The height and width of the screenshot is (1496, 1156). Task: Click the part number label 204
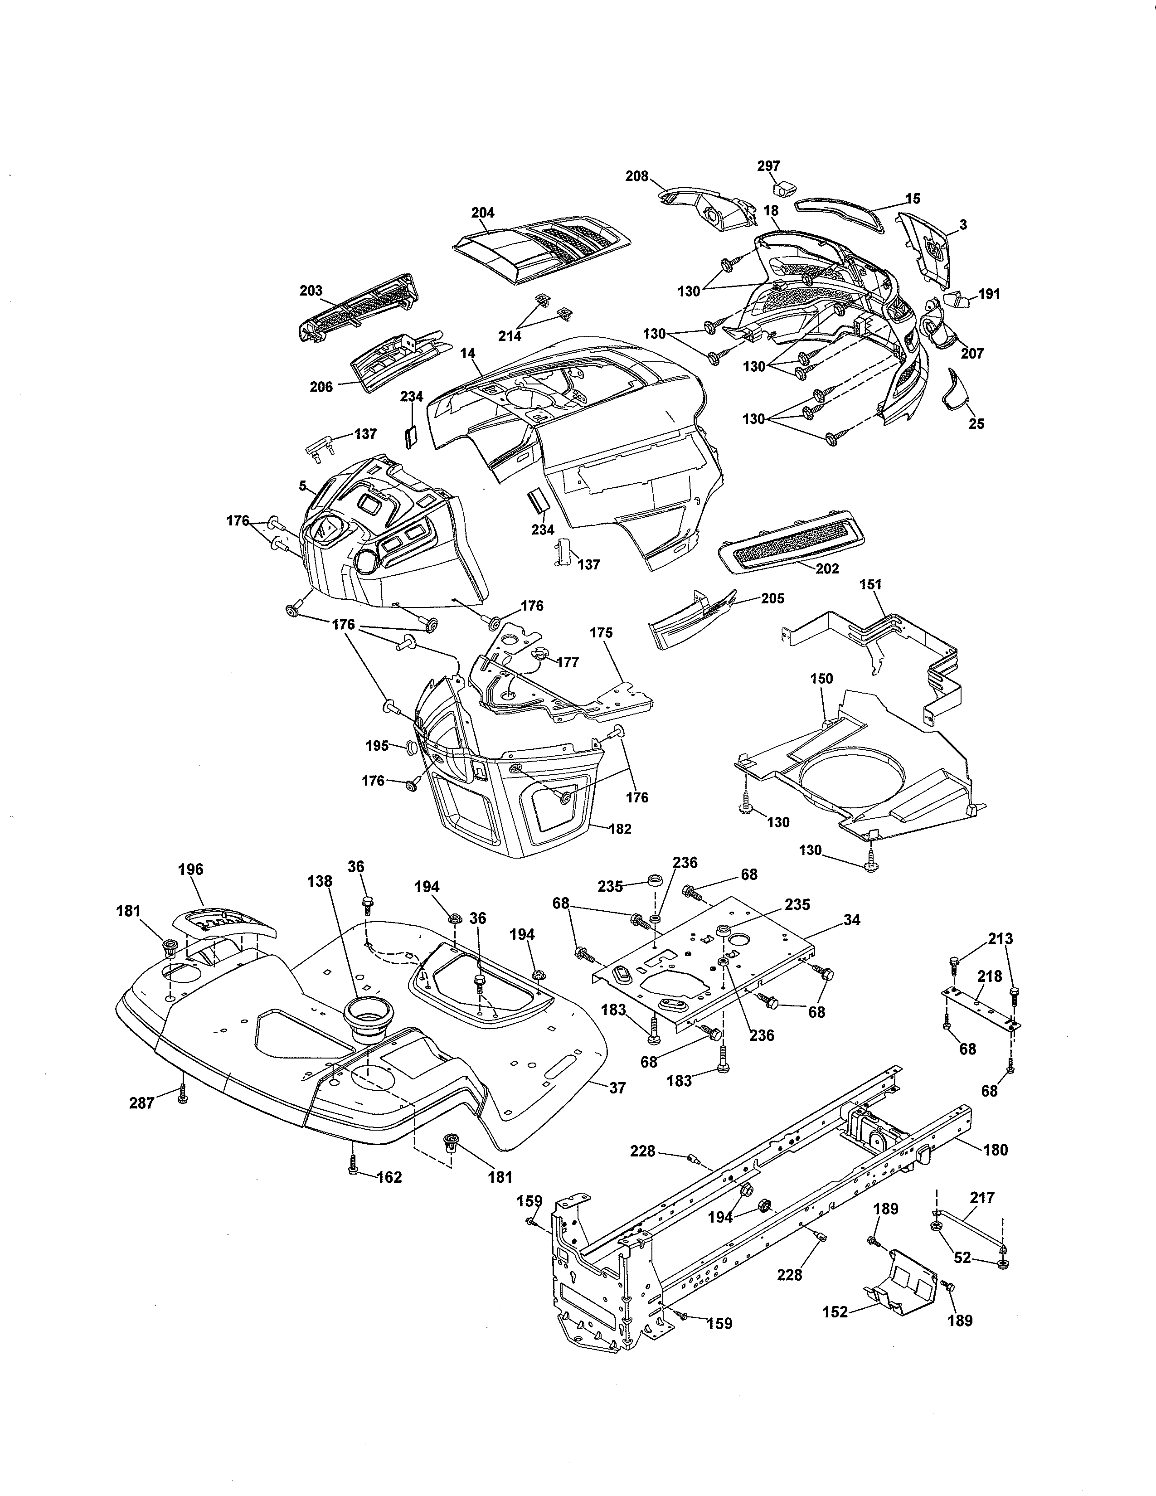pos(483,212)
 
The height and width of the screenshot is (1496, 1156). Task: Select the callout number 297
pos(768,166)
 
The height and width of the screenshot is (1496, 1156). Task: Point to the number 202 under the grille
pos(827,568)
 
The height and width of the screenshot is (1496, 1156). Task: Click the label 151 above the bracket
pos(870,584)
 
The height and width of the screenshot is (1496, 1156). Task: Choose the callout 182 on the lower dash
pos(619,829)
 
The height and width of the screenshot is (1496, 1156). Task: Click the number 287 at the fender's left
pos(142,1103)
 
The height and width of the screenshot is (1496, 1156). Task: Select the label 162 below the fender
pos(390,1177)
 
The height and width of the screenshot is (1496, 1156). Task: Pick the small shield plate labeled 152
pos(903,1279)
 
